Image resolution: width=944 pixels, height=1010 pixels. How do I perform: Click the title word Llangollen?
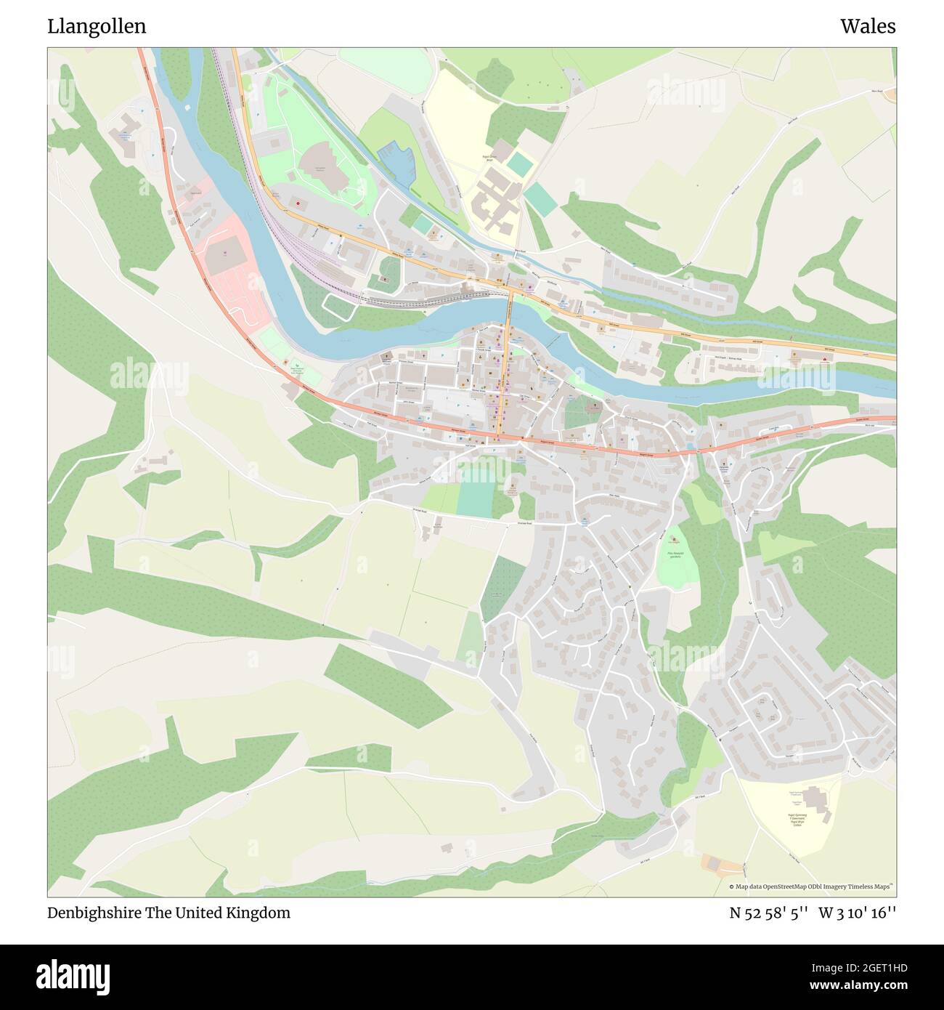97,26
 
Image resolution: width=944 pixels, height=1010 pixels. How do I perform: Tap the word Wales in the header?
868,26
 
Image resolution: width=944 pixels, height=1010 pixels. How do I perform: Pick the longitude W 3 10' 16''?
858,913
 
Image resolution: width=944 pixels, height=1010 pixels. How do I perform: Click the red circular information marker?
297,204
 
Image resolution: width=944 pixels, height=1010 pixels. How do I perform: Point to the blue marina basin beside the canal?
401,164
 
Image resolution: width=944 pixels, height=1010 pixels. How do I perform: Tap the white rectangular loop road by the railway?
338,308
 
